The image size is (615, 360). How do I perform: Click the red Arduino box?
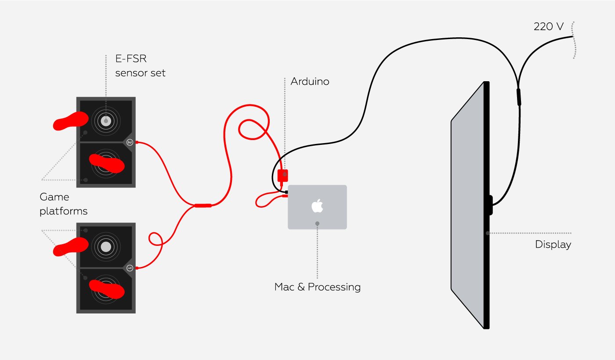pyautogui.click(x=283, y=176)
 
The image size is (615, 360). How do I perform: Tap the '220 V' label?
pyautogui.click(x=548, y=26)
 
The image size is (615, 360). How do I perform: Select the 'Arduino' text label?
pyautogui.click(x=310, y=82)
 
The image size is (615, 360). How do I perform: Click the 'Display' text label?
pyautogui.click(x=553, y=245)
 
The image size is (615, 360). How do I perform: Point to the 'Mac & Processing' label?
pyautogui.click(x=317, y=287)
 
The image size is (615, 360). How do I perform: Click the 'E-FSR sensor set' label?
pyautogui.click(x=140, y=66)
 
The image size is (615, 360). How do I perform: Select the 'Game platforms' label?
pyautogui.click(x=63, y=204)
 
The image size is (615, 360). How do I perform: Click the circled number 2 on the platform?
pyautogui.click(x=130, y=142)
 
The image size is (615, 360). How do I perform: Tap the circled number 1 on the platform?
pyautogui.click(x=130, y=268)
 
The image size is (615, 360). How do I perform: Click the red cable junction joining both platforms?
pyautogui.click(x=203, y=205)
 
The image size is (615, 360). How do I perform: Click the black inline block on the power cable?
pyautogui.click(x=519, y=97)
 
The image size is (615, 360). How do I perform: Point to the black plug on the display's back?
pyautogui.click(x=490, y=205)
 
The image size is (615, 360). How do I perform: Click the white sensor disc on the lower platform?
pyautogui.click(x=106, y=247)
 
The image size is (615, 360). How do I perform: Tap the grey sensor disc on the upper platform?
pyautogui.click(x=106, y=121)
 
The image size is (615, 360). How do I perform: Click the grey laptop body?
pyautogui.click(x=334, y=220)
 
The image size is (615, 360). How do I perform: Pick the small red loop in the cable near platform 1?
pyautogui.click(x=155, y=239)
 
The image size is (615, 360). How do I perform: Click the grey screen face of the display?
pyautogui.click(x=467, y=206)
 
